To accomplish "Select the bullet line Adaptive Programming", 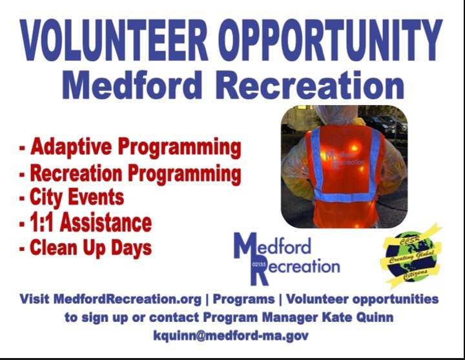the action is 130,148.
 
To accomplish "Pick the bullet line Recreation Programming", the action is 130,174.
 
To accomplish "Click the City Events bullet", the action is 72,198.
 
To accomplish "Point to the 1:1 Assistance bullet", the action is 85,223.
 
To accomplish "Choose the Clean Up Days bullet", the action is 85,248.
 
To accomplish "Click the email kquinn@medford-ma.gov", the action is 231,335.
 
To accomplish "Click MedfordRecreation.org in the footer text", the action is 127,299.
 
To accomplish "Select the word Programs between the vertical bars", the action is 243,299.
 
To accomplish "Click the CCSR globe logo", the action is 411,256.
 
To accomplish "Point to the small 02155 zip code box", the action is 258,265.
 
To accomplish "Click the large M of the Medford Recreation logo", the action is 246,246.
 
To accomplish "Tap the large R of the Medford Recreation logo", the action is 258,273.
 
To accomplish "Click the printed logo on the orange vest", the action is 345,159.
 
